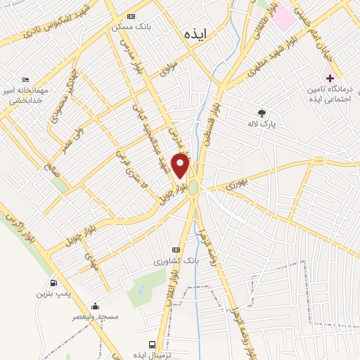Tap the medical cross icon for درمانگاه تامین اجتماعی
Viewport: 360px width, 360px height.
point(328,77)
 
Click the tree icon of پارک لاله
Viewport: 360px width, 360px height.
point(262,112)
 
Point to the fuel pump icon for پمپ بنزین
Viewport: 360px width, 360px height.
point(52,283)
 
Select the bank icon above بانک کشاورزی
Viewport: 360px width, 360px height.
point(176,250)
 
